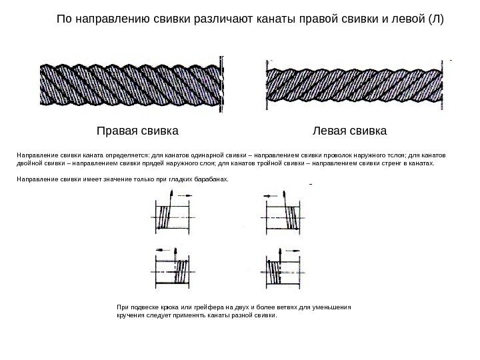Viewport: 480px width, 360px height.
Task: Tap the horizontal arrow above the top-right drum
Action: pos(271,195)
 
